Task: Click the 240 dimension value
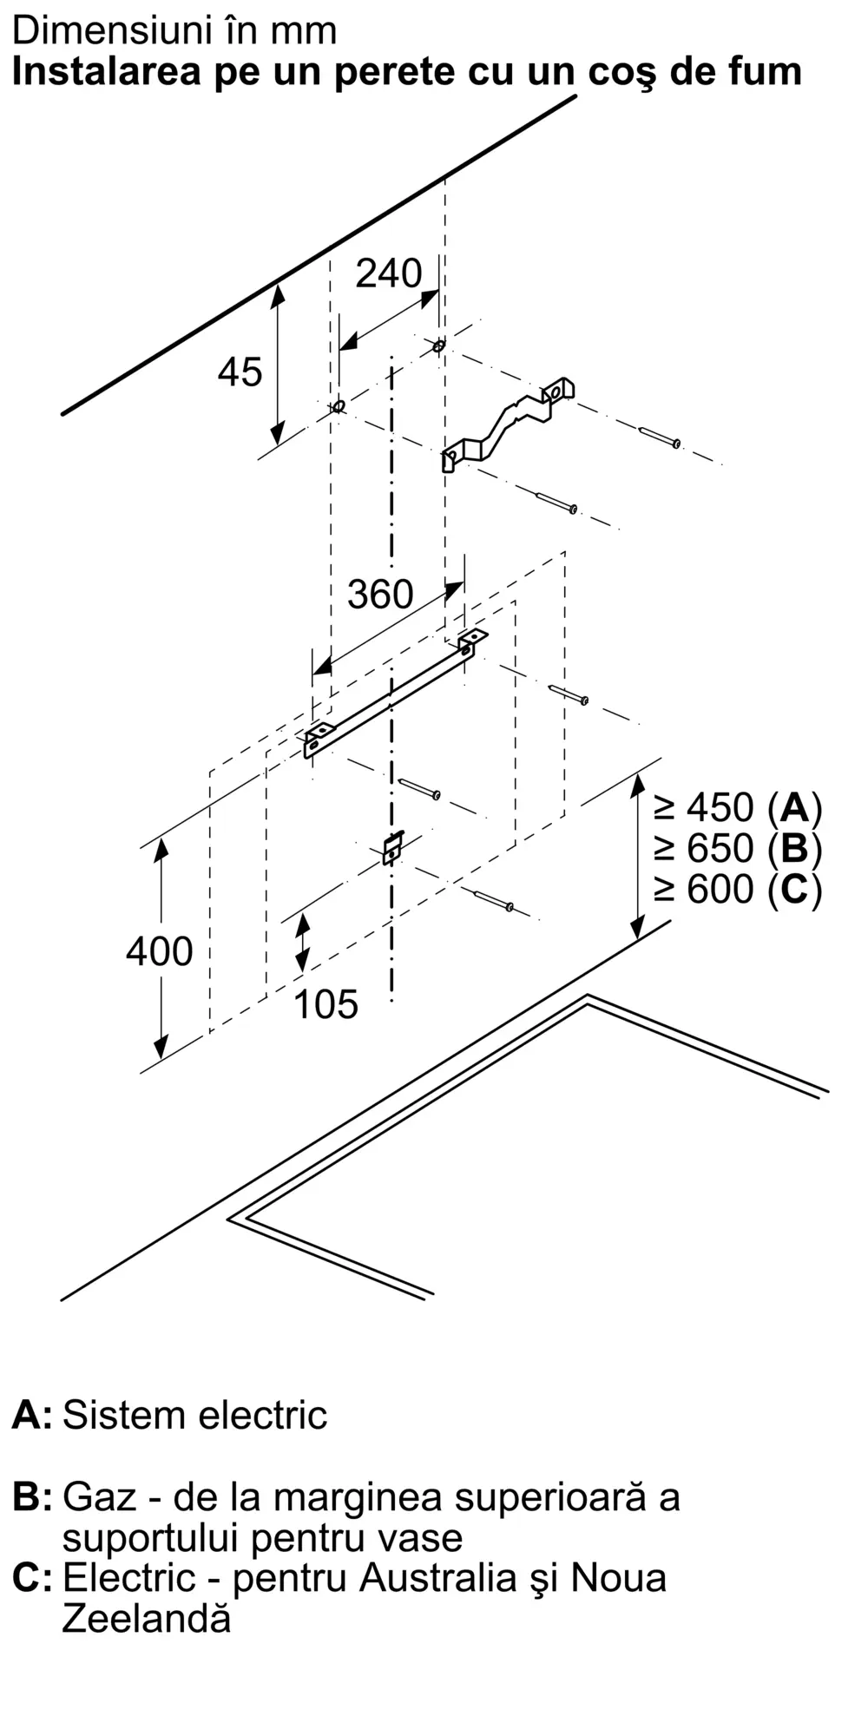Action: [x=389, y=273]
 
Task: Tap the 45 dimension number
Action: [x=240, y=372]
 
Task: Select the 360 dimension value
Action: [x=380, y=595]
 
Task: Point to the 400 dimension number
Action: [x=160, y=951]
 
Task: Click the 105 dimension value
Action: [x=326, y=1004]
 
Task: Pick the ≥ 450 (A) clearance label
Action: [x=738, y=808]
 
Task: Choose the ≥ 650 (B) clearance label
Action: [x=738, y=848]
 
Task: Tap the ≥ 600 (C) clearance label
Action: [x=738, y=889]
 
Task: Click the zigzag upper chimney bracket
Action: [x=508, y=424]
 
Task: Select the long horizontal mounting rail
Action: [x=395, y=694]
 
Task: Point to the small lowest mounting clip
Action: [x=393, y=847]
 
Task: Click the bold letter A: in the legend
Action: [x=32, y=1415]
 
